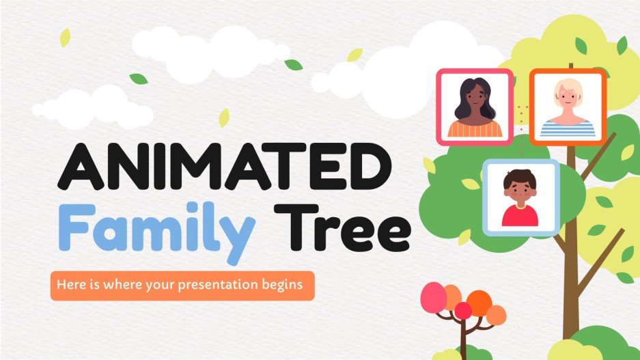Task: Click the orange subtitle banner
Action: click(x=182, y=285)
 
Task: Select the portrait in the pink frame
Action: click(x=475, y=107)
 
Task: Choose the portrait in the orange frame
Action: click(x=568, y=107)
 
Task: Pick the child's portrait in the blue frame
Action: click(x=521, y=196)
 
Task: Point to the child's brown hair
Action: click(x=520, y=176)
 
